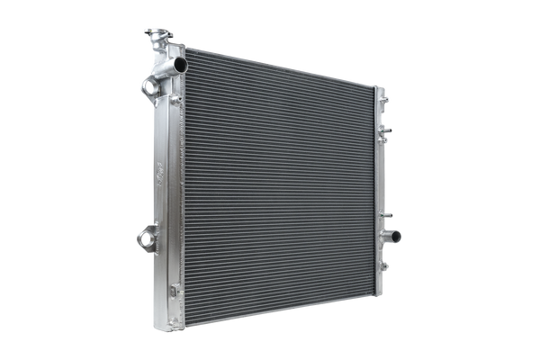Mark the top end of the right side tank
coord(380,87)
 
